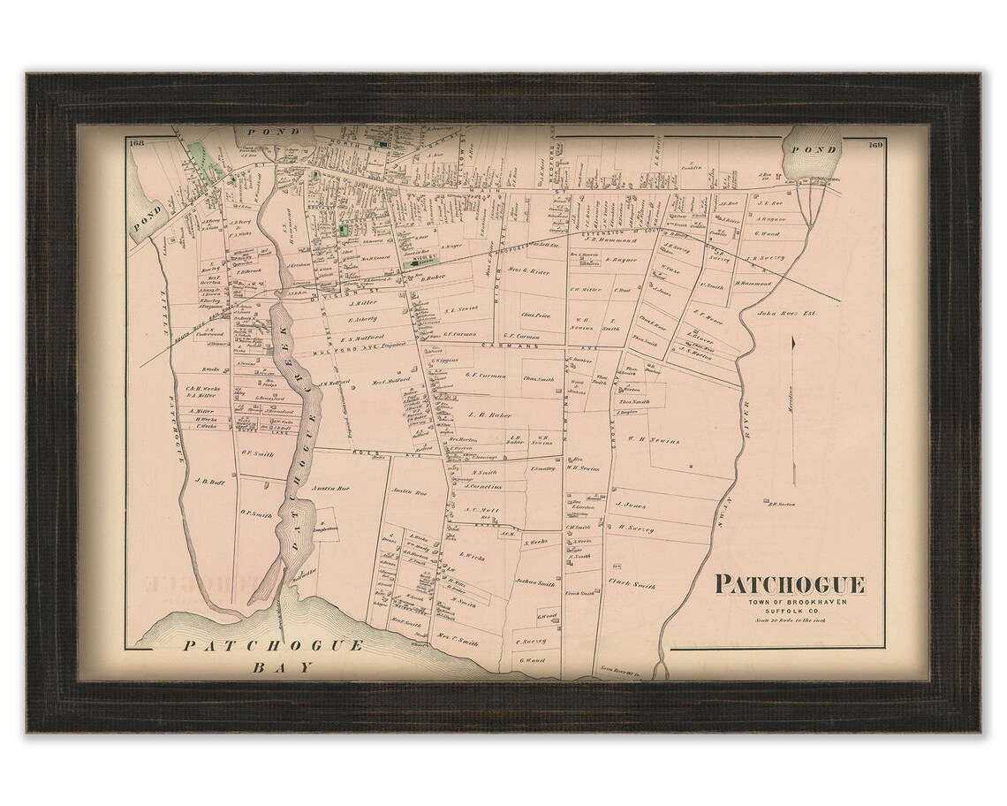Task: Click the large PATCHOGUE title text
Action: click(x=790, y=584)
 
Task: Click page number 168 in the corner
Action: click(x=135, y=143)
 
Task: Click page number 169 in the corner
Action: click(x=875, y=144)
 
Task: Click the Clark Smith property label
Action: click(x=632, y=584)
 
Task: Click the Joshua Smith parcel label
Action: click(x=535, y=583)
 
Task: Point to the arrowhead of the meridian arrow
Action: click(x=794, y=341)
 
